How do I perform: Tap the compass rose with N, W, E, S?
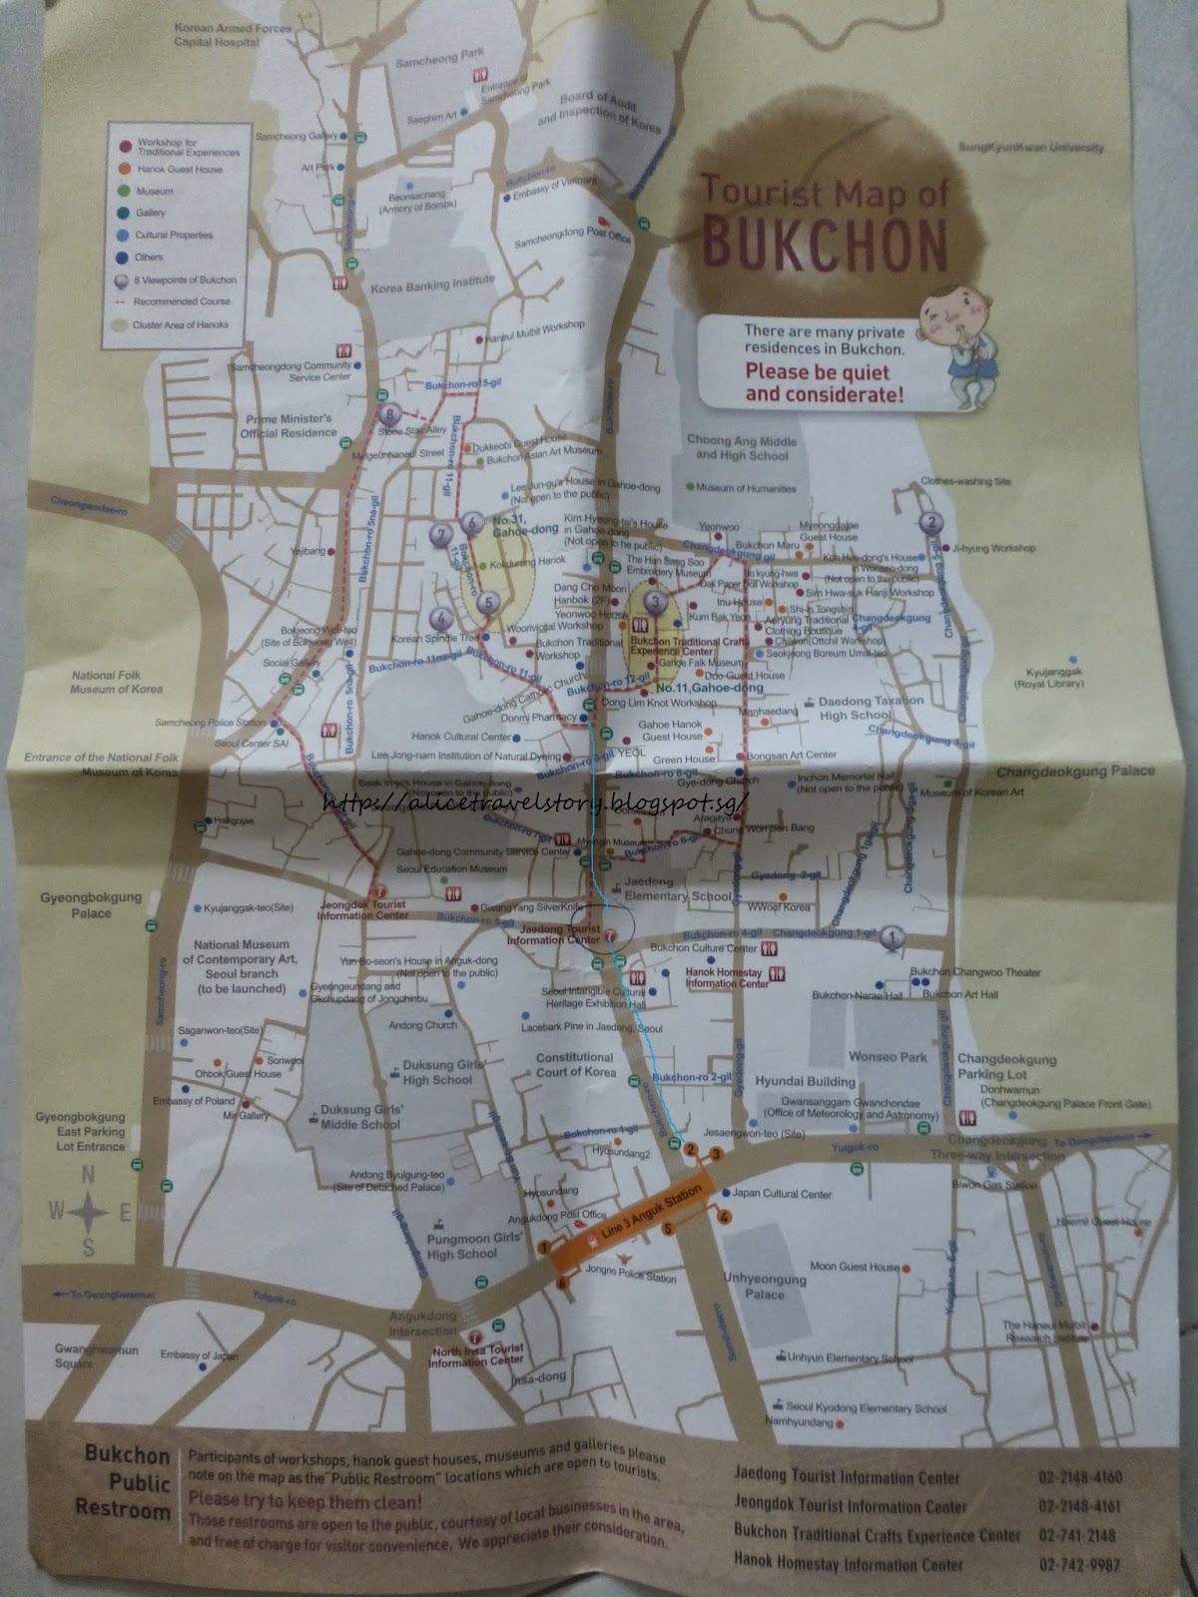(88, 1212)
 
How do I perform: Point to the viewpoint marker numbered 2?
(931, 521)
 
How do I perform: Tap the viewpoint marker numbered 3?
(655, 602)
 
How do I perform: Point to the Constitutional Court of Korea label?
(575, 1064)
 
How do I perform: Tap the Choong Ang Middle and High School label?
(741, 448)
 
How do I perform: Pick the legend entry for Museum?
(155, 191)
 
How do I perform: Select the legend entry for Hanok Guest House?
(180, 170)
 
